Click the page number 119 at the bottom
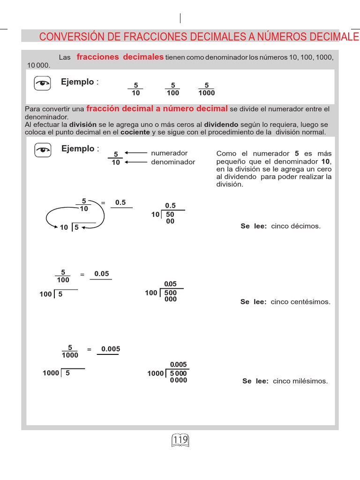(x=180, y=440)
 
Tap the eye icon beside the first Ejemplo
(x=43, y=83)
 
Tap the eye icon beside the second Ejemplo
(x=43, y=150)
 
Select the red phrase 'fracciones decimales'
(x=120, y=57)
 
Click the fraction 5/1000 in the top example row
(x=206, y=89)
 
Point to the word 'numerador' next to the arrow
(x=169, y=153)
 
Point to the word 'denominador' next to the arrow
(x=173, y=162)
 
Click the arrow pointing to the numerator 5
(x=136, y=153)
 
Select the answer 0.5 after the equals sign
(x=120, y=202)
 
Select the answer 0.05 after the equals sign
(x=101, y=274)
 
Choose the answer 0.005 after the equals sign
(x=111, y=349)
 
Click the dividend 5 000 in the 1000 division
(x=178, y=374)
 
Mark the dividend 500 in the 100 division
(x=171, y=293)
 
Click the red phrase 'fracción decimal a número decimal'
(x=157, y=109)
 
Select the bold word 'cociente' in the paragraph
(x=135, y=132)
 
